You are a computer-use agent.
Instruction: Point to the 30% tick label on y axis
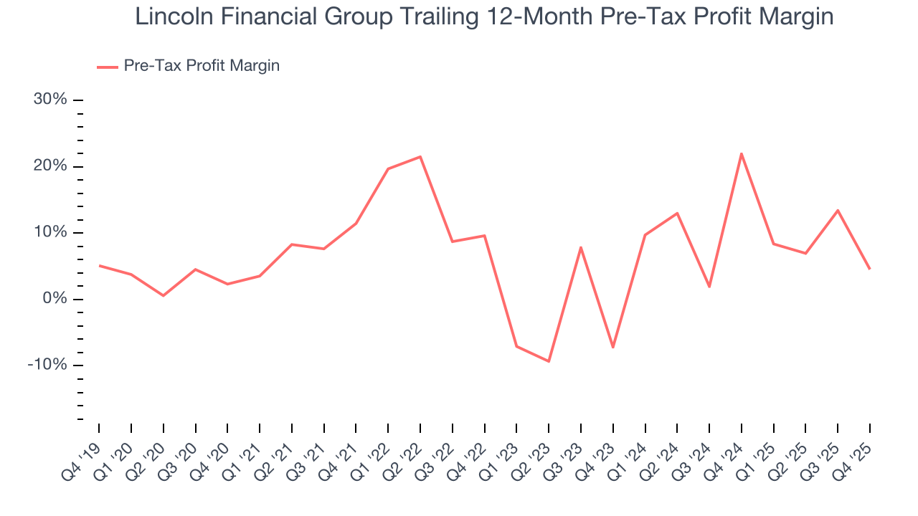[x=50, y=100]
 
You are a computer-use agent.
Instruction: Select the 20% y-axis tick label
[x=50, y=166]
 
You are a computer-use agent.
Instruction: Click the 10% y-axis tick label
[x=50, y=233]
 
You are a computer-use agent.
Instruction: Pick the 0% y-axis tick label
[x=55, y=299]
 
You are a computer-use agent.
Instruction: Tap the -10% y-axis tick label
[x=47, y=365]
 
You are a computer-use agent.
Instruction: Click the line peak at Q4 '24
[x=742, y=153]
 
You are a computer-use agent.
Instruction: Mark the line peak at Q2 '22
[x=420, y=156]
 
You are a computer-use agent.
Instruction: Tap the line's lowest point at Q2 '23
[x=549, y=361]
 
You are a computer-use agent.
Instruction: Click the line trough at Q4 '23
[x=613, y=348]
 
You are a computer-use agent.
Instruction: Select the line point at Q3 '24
[x=709, y=287]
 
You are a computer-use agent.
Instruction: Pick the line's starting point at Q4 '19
[x=99, y=265]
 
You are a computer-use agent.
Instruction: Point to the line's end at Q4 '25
[x=870, y=269]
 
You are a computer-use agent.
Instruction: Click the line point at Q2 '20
[x=164, y=295]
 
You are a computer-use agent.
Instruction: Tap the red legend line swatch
[x=108, y=67]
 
